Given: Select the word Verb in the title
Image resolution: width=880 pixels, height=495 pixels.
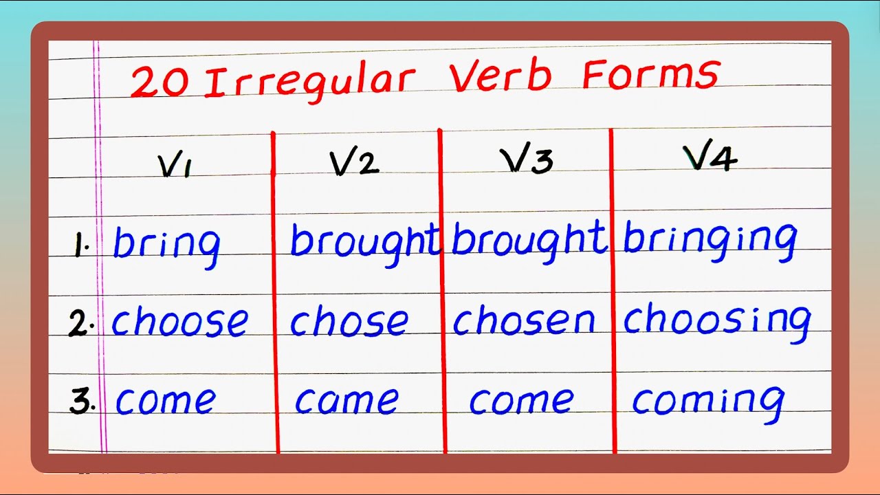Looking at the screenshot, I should click(500, 76).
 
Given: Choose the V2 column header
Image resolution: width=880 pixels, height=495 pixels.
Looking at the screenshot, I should click(354, 162).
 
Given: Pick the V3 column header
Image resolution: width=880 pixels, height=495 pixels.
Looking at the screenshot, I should click(526, 160).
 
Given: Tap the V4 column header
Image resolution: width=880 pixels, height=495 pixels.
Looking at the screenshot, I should click(710, 159).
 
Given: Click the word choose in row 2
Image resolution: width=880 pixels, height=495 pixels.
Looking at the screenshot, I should click(179, 320).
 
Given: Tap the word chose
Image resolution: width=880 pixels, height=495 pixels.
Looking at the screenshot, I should click(349, 320).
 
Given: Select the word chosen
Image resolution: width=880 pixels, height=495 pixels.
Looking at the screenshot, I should click(523, 320).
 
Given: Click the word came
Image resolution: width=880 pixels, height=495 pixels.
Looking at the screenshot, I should click(346, 400).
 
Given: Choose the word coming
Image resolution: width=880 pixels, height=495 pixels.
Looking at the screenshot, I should click(708, 401).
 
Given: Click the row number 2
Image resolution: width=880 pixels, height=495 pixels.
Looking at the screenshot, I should click(80, 323).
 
